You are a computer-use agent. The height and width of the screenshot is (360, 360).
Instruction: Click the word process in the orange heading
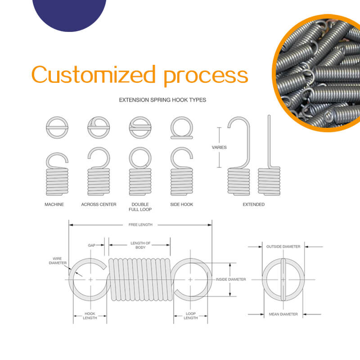click(x=206, y=76)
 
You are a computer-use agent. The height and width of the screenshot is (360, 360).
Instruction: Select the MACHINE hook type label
click(x=54, y=204)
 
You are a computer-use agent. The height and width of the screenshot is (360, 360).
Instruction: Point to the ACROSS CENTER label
click(x=99, y=204)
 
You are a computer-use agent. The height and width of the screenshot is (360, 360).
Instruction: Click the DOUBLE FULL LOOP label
click(x=140, y=207)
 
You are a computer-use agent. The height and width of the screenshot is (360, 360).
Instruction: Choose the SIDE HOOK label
click(x=182, y=204)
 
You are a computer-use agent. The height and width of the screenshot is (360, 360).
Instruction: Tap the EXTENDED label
click(x=253, y=204)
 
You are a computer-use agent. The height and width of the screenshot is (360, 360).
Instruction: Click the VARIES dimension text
click(x=219, y=147)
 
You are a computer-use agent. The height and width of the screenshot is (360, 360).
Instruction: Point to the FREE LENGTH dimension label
click(x=140, y=224)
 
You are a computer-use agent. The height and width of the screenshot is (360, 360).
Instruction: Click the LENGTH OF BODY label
click(x=140, y=245)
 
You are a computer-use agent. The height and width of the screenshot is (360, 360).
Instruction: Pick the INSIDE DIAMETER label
click(x=231, y=279)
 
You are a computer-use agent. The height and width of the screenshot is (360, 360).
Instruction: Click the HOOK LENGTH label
click(x=90, y=315)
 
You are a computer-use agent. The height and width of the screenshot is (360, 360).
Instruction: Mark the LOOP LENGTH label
click(x=191, y=315)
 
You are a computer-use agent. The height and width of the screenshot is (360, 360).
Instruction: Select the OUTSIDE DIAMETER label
click(x=283, y=247)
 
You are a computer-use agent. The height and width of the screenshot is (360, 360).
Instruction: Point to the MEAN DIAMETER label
click(x=283, y=314)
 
